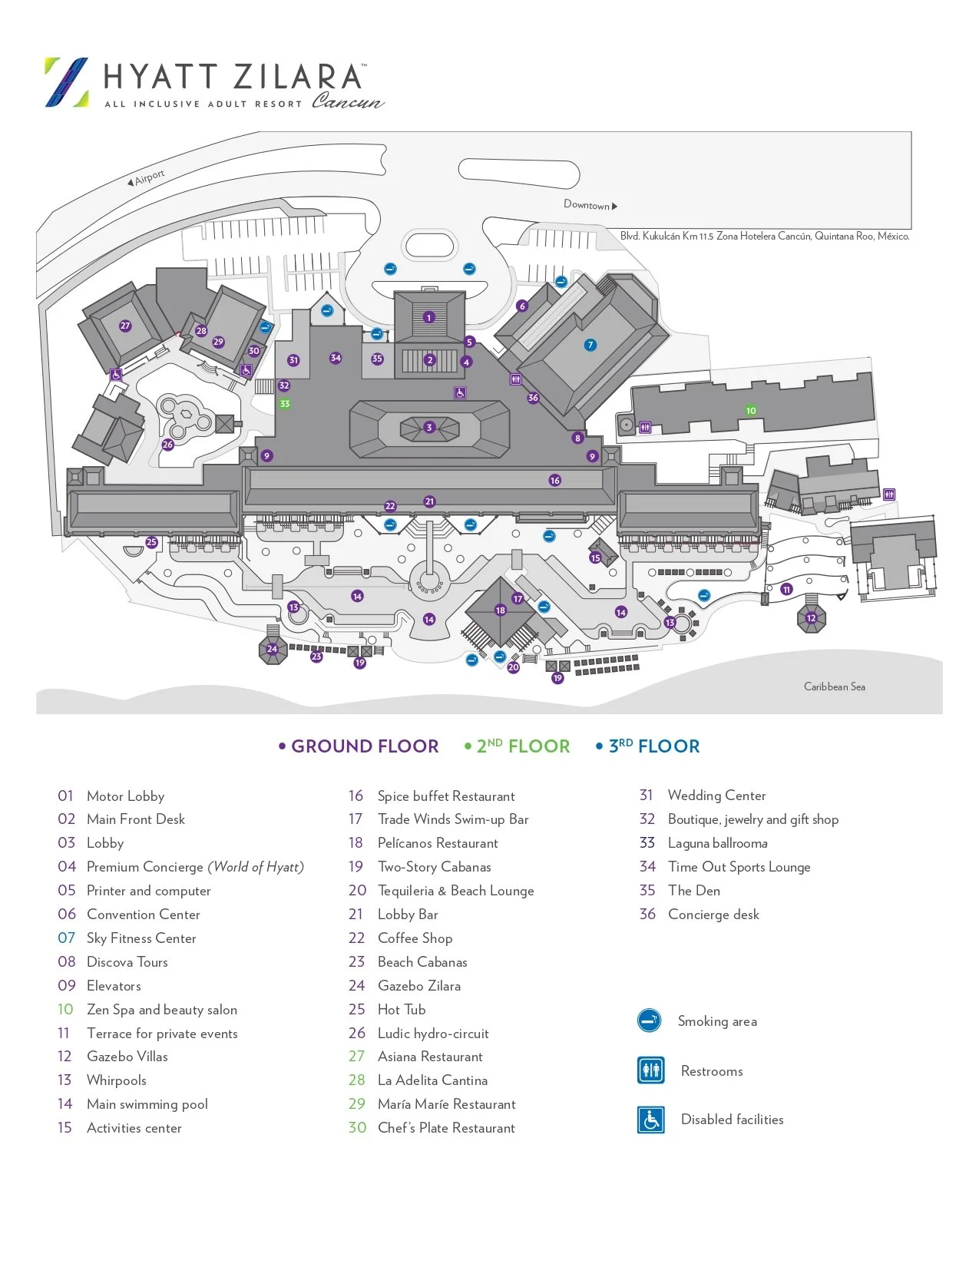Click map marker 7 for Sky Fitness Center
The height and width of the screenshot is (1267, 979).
coord(590,345)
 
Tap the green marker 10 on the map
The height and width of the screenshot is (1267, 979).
coord(751,410)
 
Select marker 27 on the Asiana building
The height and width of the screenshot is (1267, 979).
coord(125,326)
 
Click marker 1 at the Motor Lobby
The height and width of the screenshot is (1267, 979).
coord(429,317)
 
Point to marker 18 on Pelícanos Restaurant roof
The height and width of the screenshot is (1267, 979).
coord(501,610)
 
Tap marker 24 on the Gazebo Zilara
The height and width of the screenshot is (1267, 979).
coord(272,649)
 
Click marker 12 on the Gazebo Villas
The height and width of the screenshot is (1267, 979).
coord(811,618)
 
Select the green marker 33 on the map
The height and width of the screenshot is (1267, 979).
coord(285,404)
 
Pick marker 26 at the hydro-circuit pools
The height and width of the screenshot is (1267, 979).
coord(167,445)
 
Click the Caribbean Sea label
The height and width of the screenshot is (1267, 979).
coord(834,686)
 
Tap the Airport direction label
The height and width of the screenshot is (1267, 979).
coord(147,179)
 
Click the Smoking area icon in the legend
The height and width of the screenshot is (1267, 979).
coord(650,1021)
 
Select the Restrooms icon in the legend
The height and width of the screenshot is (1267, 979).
coord(651,1070)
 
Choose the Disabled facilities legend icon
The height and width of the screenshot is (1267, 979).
coord(651,1120)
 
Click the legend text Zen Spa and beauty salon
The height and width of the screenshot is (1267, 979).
coord(162,1010)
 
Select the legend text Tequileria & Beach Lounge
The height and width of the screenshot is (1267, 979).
coord(455,891)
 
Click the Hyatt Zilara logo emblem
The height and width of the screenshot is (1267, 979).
coord(67,81)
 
